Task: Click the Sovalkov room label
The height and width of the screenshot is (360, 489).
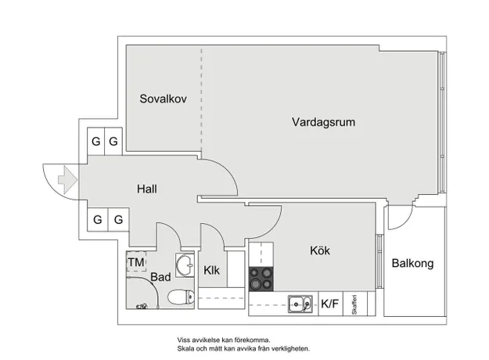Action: (163, 99)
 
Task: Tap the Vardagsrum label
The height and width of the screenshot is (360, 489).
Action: (323, 122)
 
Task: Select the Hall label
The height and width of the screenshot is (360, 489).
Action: (147, 189)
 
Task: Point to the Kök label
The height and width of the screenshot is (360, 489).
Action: (320, 250)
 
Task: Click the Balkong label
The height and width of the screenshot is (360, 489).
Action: (412, 263)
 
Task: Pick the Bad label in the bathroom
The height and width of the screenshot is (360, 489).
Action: (160, 277)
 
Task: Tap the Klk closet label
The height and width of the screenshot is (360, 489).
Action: (211, 270)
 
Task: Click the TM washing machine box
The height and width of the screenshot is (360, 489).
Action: (136, 262)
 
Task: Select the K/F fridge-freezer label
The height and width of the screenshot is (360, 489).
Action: (329, 304)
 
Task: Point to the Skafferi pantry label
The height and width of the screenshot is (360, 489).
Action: (354, 304)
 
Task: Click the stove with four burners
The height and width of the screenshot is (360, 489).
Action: (261, 279)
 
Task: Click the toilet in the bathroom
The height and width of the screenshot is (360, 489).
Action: (181, 297)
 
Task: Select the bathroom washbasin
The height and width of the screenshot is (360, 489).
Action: (185, 265)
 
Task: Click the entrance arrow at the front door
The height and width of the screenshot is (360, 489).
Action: (67, 180)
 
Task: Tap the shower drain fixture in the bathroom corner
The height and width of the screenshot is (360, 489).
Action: (142, 306)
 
